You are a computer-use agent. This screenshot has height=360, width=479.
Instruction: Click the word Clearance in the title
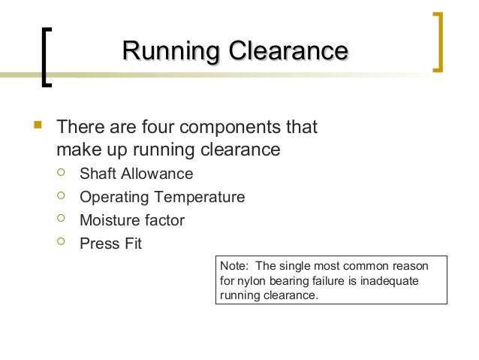coord(288,52)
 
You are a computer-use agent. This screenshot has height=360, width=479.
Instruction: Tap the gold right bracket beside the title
coord(438,41)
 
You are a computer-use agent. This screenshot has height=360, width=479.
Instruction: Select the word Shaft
coord(98,174)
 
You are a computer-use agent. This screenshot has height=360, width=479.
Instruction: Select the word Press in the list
coord(98,244)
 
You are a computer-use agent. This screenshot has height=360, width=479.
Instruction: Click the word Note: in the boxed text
coord(233,268)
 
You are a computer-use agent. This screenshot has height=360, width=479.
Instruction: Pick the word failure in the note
coord(327,282)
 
